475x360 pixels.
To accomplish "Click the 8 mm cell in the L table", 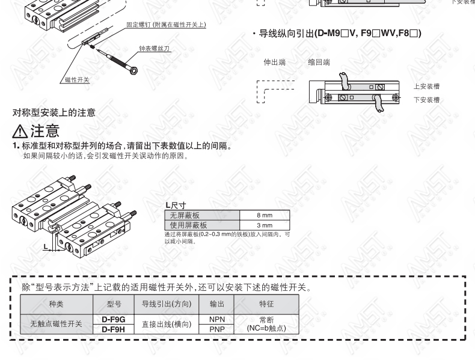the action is point(265,215).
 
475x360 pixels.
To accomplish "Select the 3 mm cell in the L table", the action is point(265,225).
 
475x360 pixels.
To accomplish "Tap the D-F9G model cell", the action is point(114,319).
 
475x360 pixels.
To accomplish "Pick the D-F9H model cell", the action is point(114,329).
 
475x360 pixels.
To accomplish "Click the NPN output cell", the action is point(217,319).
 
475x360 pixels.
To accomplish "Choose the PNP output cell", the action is point(217,329).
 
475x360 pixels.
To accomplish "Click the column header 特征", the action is point(266,304).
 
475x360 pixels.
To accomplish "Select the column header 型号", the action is point(114,304).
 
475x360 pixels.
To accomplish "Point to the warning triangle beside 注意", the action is point(20,131).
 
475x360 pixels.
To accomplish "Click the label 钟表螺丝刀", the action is point(154,49).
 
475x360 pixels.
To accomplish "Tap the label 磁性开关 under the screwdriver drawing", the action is point(77,79).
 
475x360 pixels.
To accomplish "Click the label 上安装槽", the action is point(426,87).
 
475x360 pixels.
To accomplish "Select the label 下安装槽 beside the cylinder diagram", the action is point(426,100).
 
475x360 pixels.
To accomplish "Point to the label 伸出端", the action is point(274,63).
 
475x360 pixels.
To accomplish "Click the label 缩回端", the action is point(319,63).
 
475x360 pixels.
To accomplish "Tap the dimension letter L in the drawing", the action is point(46,246).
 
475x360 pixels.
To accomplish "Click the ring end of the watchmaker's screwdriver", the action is point(133,71).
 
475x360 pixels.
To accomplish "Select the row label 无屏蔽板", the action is point(185,215).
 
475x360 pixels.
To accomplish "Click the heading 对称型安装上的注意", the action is point(54,112).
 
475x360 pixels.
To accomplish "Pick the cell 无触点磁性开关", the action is point(57,324).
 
